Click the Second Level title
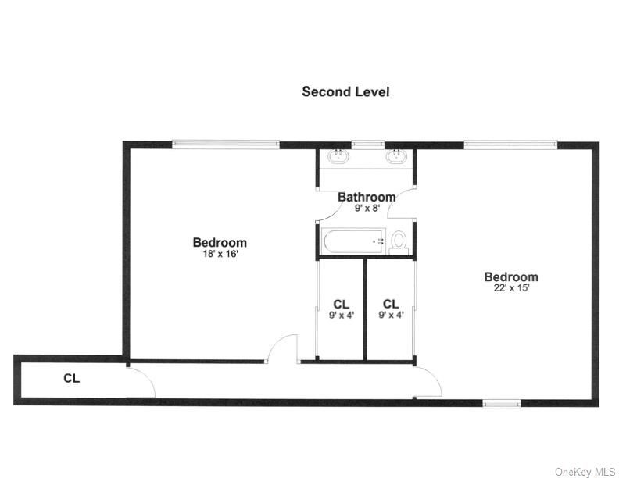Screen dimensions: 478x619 [x=345, y=91]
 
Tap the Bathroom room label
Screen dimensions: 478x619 [x=367, y=197]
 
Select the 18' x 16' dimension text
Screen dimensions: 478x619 [x=220, y=254]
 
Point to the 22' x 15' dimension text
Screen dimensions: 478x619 [x=511, y=288]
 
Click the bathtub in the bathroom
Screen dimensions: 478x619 [x=353, y=241]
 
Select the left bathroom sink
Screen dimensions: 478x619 [x=339, y=156]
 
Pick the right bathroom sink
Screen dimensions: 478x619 [x=396, y=156]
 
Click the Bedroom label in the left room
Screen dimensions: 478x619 [x=220, y=242]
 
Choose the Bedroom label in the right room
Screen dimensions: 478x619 [x=511, y=276]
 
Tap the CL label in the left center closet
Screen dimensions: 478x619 [x=341, y=304]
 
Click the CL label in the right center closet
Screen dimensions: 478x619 [x=391, y=304]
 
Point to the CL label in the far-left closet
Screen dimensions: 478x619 [x=72, y=379]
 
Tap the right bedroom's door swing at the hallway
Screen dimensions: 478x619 [x=428, y=380]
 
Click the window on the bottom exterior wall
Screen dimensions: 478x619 [x=501, y=403]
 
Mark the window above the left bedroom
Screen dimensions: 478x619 [x=225, y=144]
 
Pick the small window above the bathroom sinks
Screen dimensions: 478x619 [x=367, y=144]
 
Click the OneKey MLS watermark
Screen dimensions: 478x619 [x=585, y=471]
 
